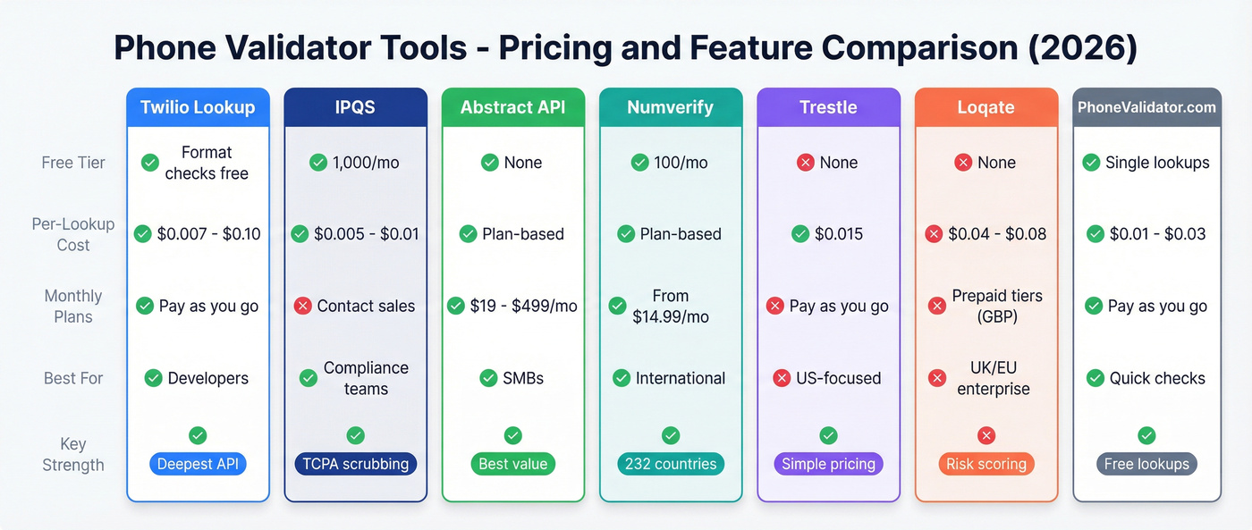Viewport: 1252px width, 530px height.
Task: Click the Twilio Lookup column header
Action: pos(198,108)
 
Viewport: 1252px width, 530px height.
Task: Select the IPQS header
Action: pos(355,108)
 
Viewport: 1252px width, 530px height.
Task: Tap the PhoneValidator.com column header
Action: pos(1146,108)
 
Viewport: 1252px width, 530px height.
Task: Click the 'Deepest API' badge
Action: pos(198,464)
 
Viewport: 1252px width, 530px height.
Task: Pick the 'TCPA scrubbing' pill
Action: pos(355,464)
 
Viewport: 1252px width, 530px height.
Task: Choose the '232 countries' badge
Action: pos(671,464)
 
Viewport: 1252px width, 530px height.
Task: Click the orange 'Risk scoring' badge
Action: pos(986,464)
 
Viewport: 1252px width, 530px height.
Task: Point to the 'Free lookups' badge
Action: pos(1146,464)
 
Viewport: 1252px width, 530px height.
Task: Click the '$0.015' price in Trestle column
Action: pos(839,234)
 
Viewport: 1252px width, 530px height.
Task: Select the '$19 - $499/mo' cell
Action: pos(524,306)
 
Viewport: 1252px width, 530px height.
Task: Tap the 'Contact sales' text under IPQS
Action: pos(366,306)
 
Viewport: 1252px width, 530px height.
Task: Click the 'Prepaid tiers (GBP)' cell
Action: pos(996,306)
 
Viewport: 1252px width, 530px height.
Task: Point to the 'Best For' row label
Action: pos(73,378)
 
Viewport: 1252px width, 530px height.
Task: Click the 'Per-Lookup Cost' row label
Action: pos(73,234)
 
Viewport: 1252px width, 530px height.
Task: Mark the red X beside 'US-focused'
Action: pos(780,378)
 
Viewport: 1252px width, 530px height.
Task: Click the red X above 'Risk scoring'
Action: pos(986,436)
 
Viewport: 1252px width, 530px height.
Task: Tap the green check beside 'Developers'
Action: pos(153,378)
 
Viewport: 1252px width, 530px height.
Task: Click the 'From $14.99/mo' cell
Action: pos(670,306)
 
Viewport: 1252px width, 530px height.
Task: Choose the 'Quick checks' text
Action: pos(1157,378)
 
